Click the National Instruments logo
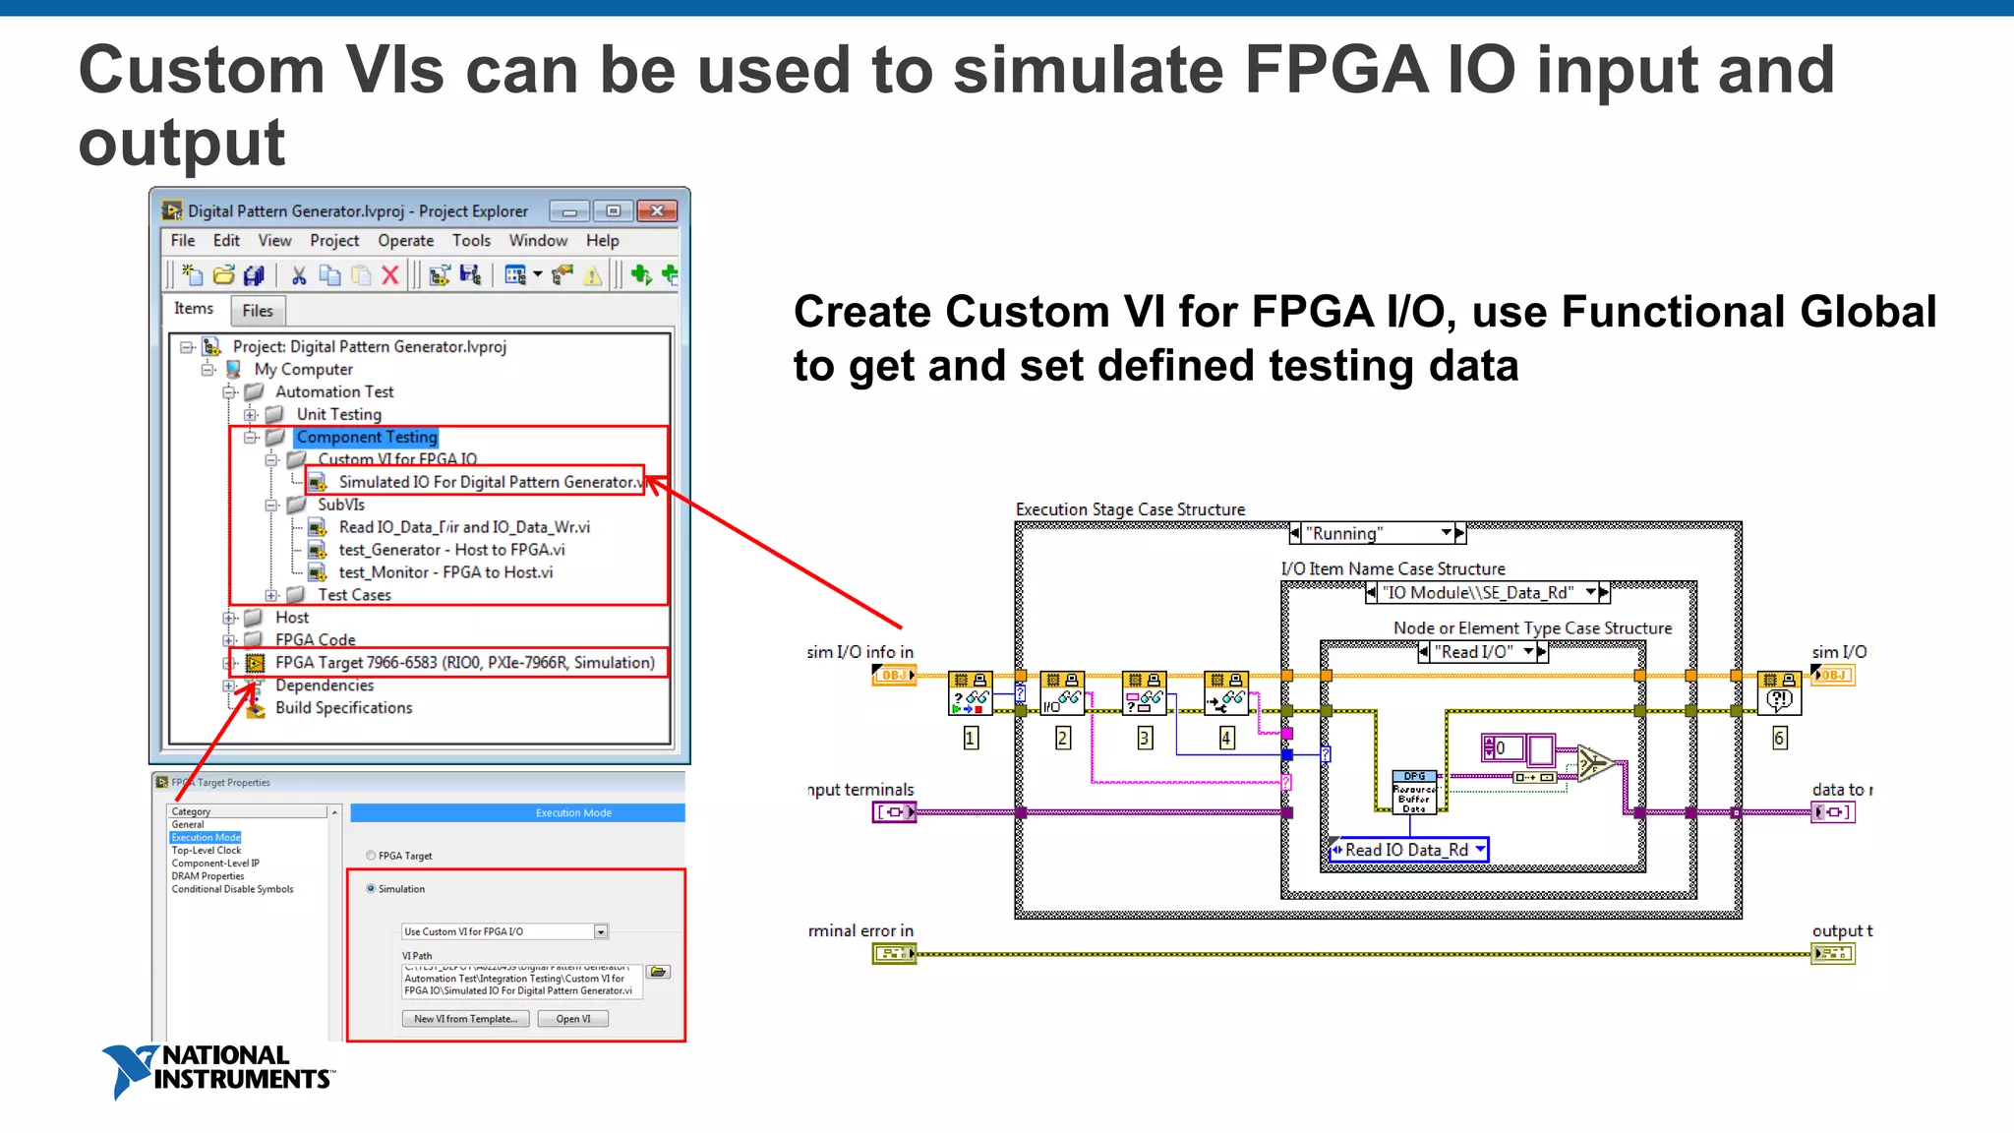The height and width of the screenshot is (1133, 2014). coord(217,1070)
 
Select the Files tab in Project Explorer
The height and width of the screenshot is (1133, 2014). coord(258,311)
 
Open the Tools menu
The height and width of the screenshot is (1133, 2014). coord(471,241)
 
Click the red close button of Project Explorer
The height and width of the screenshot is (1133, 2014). coord(657,210)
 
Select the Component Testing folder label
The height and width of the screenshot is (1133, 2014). coord(367,437)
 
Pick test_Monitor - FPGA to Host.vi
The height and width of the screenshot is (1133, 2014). coord(445,572)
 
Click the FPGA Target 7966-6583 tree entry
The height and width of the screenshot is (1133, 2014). coord(464,663)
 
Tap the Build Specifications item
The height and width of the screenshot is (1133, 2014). coord(343,708)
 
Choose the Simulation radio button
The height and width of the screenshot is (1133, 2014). coord(371,888)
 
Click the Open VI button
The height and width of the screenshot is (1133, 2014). coord(573,1019)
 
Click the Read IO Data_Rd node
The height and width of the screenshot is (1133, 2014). coord(1407,850)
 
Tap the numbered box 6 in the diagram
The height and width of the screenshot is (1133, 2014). coord(1779,739)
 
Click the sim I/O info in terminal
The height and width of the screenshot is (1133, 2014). coord(894,676)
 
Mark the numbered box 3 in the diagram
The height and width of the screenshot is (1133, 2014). coord(1145,739)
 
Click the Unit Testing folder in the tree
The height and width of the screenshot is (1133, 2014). coord(338,414)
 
